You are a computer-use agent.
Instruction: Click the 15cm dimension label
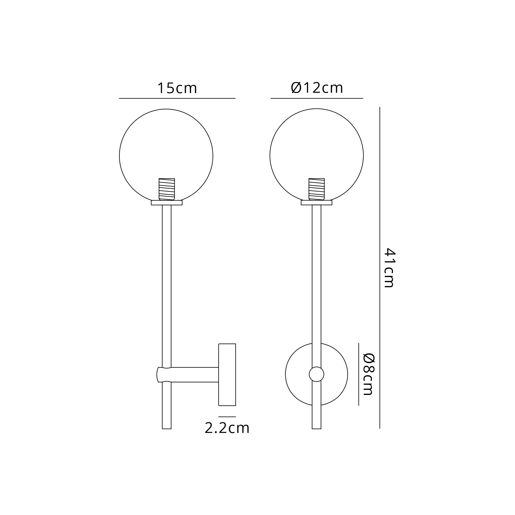point(177,88)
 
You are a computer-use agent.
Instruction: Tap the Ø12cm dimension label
point(317,88)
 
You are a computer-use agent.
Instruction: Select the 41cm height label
point(389,268)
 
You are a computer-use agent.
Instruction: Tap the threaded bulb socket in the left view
point(167,189)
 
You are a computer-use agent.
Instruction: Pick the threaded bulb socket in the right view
point(316,189)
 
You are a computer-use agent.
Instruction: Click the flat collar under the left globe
point(167,203)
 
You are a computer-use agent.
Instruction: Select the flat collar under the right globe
point(316,203)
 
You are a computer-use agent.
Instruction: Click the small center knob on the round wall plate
point(316,374)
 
